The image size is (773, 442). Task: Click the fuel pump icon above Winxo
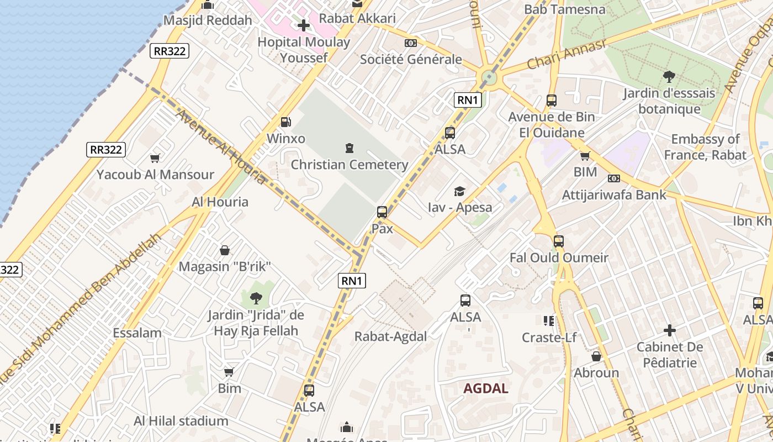(285, 122)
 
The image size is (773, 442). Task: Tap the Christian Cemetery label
(350, 165)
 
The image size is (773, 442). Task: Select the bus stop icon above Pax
(382, 212)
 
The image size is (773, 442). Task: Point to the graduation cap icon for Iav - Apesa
(459, 191)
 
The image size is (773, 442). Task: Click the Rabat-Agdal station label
(390, 336)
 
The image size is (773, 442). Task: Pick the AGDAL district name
(485, 388)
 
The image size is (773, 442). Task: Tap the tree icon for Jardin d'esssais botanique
(669, 76)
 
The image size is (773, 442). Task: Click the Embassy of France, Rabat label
(705, 147)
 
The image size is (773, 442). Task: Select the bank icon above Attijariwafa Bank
(613, 178)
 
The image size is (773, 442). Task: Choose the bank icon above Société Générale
(411, 43)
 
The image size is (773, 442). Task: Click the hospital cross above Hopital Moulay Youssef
(303, 25)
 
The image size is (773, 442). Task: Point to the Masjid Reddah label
(208, 20)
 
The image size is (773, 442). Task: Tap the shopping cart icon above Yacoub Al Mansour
(155, 159)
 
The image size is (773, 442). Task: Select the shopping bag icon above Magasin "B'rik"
(225, 250)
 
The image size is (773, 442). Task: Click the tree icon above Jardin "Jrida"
(256, 298)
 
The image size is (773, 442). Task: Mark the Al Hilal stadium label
(181, 421)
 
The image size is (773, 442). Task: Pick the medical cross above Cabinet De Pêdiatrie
(670, 330)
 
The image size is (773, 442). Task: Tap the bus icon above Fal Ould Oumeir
(559, 241)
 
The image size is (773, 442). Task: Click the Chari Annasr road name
(566, 55)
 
